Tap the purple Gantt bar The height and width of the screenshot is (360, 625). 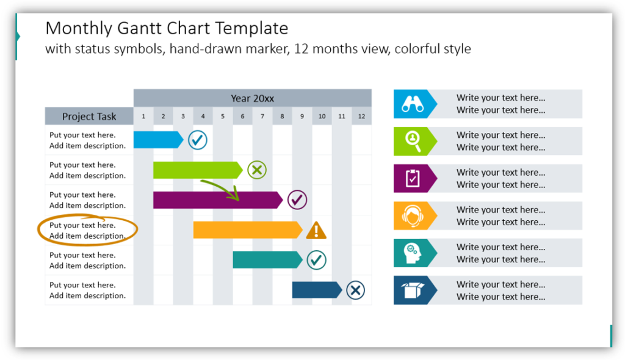point(217,200)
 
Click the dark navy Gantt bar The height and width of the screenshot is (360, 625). point(316,290)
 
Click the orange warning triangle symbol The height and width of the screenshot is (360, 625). point(316,230)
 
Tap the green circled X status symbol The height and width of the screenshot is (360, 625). point(257,170)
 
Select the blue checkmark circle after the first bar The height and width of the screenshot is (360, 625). point(197,140)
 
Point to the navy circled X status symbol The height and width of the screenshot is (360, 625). point(355,290)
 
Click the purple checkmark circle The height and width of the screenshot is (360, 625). point(297,200)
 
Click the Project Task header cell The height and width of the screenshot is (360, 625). point(89,117)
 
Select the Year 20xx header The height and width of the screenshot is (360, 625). point(252,98)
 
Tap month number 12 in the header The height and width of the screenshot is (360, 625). point(361,117)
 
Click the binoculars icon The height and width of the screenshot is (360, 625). point(412,104)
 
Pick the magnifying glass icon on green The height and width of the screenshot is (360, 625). point(412,141)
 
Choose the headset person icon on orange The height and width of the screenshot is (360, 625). point(412,215)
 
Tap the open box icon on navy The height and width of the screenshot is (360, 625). point(412,290)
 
